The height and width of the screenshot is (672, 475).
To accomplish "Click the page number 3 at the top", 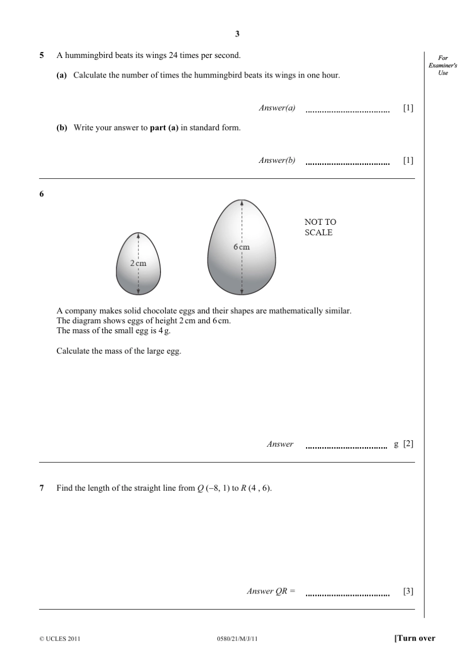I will tap(237, 34).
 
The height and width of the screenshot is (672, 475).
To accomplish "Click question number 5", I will tap(41, 55).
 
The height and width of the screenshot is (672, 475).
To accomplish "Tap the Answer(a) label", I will tap(277, 108).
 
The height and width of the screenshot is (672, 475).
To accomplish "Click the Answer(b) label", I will tap(277, 160).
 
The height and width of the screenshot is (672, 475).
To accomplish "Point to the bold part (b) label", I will tap(61, 128).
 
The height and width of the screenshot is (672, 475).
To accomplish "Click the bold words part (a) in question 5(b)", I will tap(164, 128).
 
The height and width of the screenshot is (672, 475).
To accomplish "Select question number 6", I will tap(41, 194).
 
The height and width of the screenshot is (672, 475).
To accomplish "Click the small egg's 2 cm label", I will tap(138, 263).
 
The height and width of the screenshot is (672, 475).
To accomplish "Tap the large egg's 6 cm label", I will tap(241, 247).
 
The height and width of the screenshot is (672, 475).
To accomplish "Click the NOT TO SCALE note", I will tap(320, 227).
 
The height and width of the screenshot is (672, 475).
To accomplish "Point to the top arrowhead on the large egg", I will tap(242, 203).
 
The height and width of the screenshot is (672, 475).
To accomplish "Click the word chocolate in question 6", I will tap(160, 311).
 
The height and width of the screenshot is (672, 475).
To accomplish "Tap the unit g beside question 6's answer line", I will tap(396, 444).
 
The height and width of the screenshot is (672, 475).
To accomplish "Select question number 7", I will tap(41, 488).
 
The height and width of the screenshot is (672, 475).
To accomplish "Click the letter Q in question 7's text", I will tap(200, 488).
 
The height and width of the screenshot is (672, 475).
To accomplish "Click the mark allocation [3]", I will tap(408, 591).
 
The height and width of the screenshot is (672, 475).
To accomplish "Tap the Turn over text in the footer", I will tap(415, 638).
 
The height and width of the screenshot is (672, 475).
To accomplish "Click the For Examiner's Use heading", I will tap(443, 65).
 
